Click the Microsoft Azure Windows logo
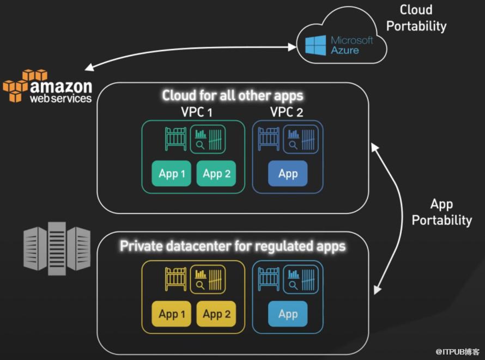pyautogui.click(x=316, y=45)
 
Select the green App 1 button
pyautogui.click(x=171, y=173)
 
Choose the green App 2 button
pyautogui.click(x=216, y=173)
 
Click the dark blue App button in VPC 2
pyautogui.click(x=288, y=173)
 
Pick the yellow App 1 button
pyautogui.click(x=171, y=314)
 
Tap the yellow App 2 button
pyautogui.click(x=216, y=314)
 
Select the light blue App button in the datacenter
pyautogui.click(x=288, y=314)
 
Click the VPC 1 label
pyautogui.click(x=197, y=112)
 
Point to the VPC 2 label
pyautogui.click(x=287, y=112)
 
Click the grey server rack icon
pyautogui.click(x=57, y=248)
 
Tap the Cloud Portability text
pyautogui.click(x=416, y=18)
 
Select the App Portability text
pyautogui.click(x=442, y=212)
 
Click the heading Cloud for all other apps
pyautogui.click(x=233, y=95)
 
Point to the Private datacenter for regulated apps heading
pyautogui.click(x=233, y=246)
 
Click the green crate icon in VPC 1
pyautogui.click(x=175, y=139)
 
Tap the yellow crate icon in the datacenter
pyautogui.click(x=175, y=279)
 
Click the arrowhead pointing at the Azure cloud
pyautogui.click(x=292, y=47)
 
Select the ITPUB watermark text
pyautogui.click(x=457, y=352)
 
